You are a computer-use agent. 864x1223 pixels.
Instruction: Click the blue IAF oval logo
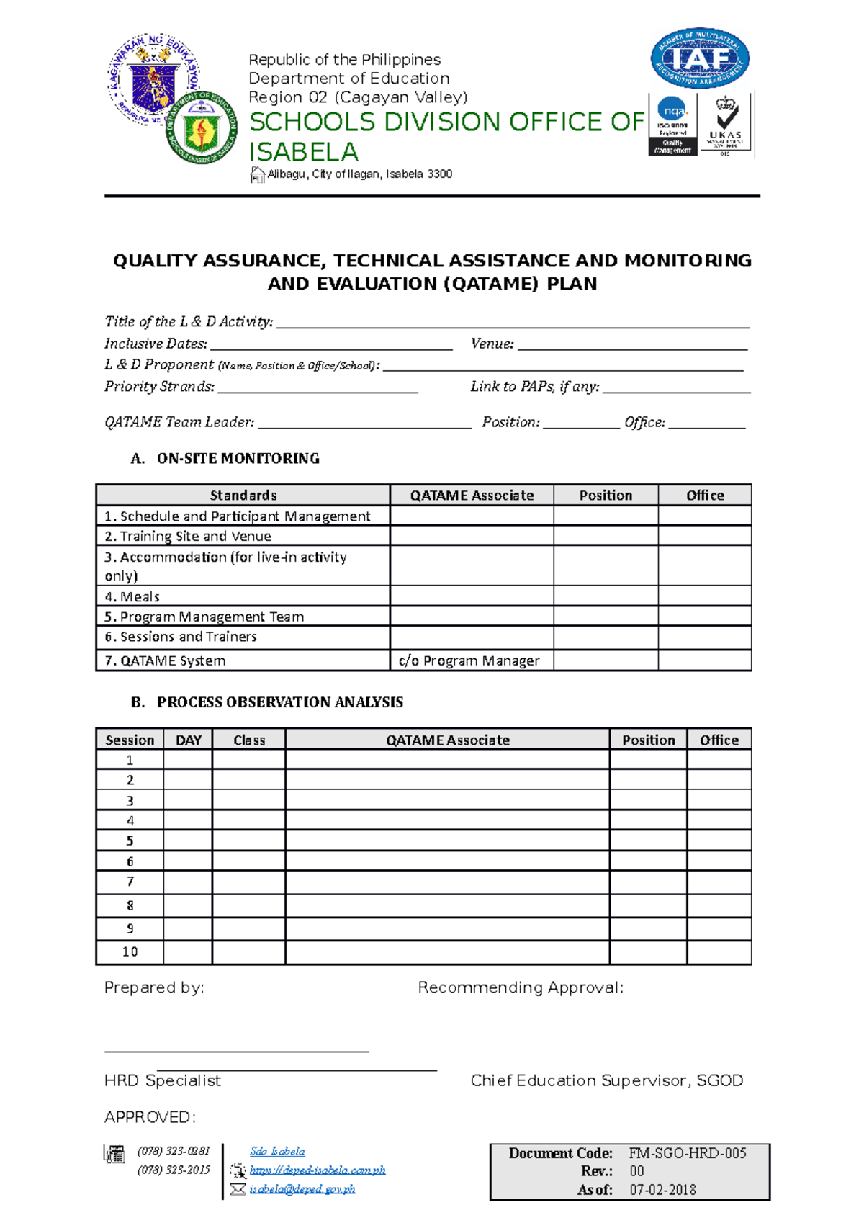pos(700,59)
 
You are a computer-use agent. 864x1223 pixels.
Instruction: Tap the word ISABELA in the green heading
pos(303,152)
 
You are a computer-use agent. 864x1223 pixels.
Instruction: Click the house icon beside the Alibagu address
pos(257,174)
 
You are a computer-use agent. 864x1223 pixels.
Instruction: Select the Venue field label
pos(492,344)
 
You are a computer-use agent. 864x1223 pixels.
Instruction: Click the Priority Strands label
pos(159,387)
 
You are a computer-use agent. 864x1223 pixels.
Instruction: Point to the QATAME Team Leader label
pos(179,422)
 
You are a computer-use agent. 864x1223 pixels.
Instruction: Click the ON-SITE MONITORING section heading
pos(238,459)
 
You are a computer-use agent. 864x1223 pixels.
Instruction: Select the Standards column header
pos(243,496)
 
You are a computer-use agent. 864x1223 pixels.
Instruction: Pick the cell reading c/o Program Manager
pos(469,660)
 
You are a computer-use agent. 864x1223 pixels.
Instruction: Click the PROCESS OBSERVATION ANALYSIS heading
pos(279,702)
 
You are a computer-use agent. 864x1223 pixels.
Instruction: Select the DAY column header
pos(188,740)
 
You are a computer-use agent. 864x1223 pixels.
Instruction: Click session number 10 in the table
pos(130,952)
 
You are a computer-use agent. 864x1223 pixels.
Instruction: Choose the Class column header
pos(249,740)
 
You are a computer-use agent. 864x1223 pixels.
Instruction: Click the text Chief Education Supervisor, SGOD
pos(606,1080)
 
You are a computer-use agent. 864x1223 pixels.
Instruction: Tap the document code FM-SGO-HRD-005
pos(687,1153)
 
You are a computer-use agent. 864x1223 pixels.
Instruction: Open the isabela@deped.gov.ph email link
pos(302,1189)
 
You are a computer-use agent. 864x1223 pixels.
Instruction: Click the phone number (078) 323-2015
pos(174,1170)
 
